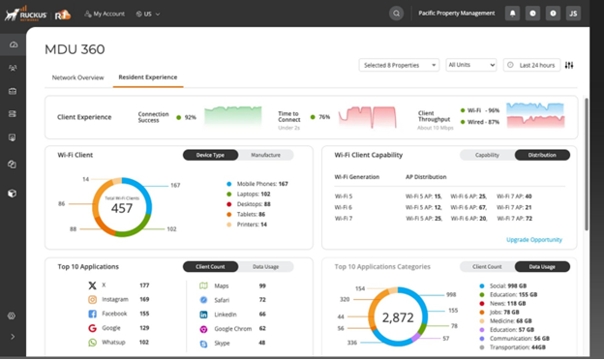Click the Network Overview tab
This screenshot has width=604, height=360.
coord(76,76)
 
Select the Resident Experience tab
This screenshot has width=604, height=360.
coord(147,76)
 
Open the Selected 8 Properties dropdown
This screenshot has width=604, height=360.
coord(398,65)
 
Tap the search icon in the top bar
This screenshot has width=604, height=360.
coord(397,14)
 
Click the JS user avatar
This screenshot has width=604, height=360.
coord(573,14)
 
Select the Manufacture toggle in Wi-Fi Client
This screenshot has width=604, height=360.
coord(272,155)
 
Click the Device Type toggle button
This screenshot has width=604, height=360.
coord(210,155)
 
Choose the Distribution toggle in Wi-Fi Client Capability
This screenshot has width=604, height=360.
coord(542,155)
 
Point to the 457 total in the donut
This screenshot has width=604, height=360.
coord(121,208)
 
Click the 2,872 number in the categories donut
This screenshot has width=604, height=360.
coord(398,316)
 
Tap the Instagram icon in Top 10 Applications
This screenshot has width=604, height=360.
coord(92,300)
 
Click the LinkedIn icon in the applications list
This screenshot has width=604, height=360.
coord(204,315)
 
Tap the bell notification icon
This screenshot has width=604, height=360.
coord(513,14)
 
